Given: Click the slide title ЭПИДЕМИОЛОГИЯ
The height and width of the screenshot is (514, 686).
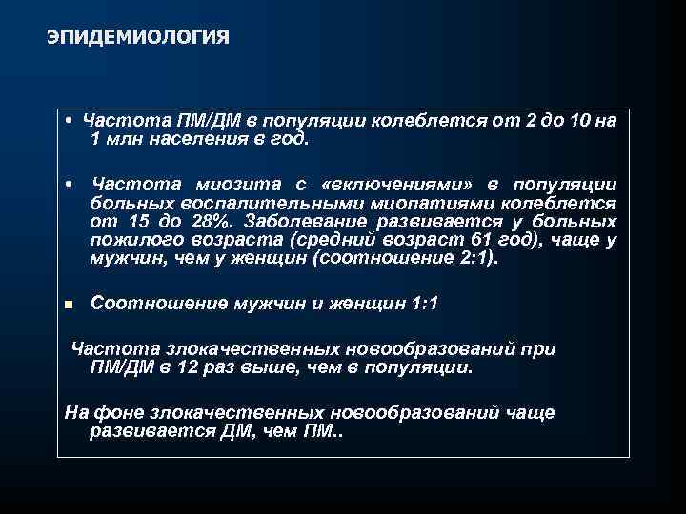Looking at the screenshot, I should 137,37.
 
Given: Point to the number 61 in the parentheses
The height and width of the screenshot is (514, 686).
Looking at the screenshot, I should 488,239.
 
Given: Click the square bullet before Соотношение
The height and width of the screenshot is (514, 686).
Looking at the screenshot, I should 69,305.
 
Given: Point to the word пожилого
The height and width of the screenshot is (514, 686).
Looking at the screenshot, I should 130,239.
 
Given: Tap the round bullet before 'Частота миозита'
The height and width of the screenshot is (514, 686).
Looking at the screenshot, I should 70,184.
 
